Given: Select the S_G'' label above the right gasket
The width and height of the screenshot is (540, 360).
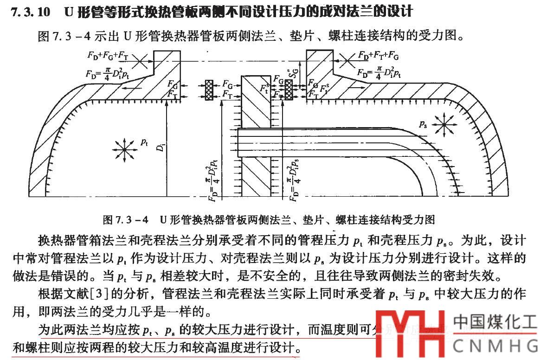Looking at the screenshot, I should (291, 71).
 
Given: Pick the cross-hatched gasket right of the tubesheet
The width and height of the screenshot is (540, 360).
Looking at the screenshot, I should (289, 89).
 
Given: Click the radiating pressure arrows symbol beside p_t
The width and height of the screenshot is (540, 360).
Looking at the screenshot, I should (124, 149).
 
